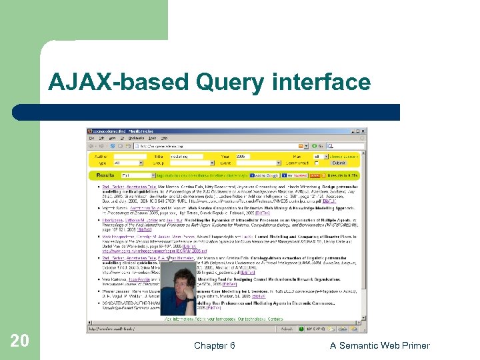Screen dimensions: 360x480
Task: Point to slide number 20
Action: click(20, 341)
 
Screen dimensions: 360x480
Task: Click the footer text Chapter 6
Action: click(214, 345)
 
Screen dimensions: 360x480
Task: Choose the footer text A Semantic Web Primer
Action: click(380, 345)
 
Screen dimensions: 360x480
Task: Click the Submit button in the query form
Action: click(339, 163)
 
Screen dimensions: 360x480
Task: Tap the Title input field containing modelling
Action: click(187, 156)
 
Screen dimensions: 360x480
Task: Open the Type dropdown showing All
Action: click(128, 163)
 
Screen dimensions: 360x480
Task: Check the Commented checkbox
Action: click(317, 163)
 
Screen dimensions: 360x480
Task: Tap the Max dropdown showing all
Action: click(322, 156)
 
